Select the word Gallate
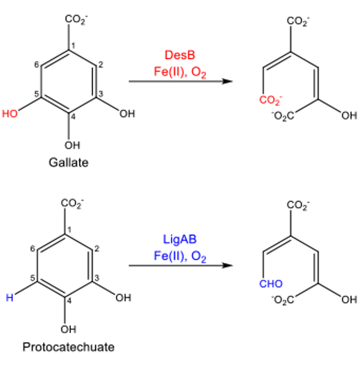(x=68, y=163)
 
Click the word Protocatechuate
(x=68, y=347)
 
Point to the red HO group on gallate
(x=10, y=114)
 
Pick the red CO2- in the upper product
(x=271, y=99)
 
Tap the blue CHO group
(x=271, y=284)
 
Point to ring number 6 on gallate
(x=37, y=64)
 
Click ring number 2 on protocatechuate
(x=96, y=249)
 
